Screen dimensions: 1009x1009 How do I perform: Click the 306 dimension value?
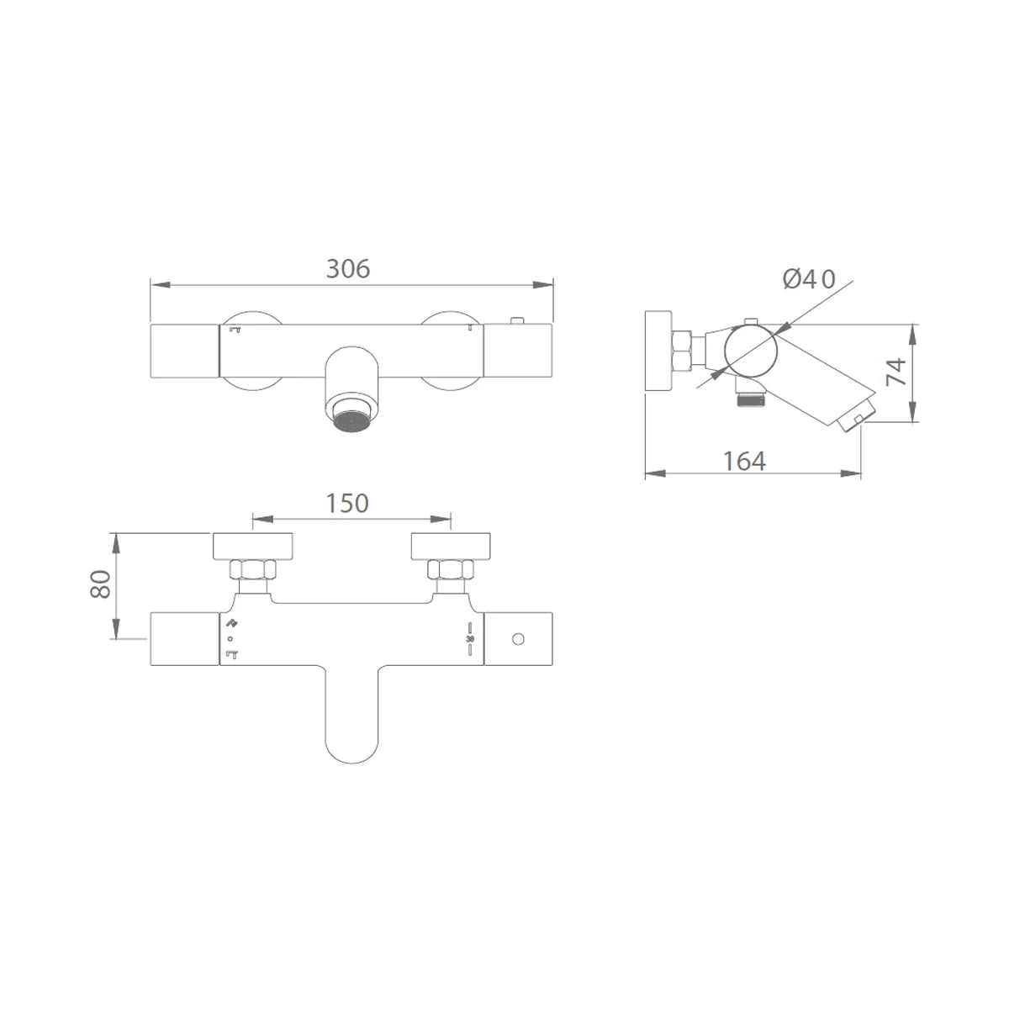click(x=347, y=268)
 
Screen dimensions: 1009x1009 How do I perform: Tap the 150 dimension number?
click(x=347, y=503)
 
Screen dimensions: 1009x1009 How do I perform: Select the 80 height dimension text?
click(x=101, y=584)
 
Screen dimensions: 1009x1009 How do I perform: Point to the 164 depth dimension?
click(x=744, y=462)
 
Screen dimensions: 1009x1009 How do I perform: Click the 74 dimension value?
click(x=895, y=372)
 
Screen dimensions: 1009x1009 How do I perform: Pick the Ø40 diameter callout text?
click(x=809, y=279)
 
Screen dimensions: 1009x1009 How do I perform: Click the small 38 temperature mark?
click(x=470, y=639)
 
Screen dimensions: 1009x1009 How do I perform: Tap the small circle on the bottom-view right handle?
click(x=518, y=639)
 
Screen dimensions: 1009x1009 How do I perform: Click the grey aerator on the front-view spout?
click(x=351, y=421)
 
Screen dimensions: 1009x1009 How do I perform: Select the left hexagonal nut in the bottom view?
click(x=253, y=569)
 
